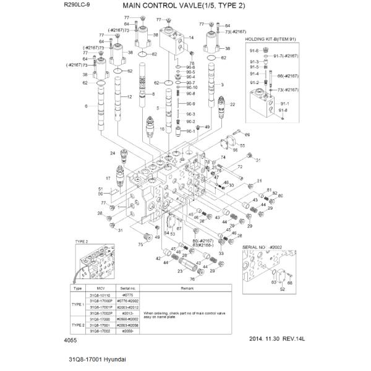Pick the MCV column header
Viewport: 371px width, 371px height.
(100, 289)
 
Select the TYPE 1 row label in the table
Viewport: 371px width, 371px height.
(78, 304)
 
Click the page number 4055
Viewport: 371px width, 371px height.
(70, 339)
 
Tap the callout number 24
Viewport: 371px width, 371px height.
(113, 153)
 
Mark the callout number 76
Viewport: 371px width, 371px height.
(192, 279)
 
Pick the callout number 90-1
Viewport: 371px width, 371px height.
(190, 131)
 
